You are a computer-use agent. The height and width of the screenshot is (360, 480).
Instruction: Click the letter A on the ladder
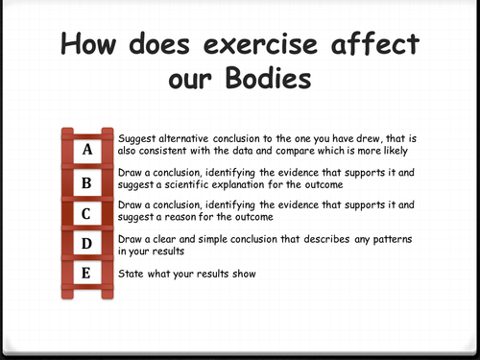pyautogui.click(x=87, y=150)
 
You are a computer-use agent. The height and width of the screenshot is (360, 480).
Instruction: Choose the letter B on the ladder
pyautogui.click(x=87, y=181)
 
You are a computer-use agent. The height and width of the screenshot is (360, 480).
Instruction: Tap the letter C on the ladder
pyautogui.click(x=87, y=213)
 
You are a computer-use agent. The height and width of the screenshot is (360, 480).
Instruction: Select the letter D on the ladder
pyautogui.click(x=87, y=244)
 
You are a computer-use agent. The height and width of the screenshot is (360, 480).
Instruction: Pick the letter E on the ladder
pyautogui.click(x=87, y=275)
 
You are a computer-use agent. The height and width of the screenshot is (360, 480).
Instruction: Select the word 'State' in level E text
pyautogui.click(x=131, y=276)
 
